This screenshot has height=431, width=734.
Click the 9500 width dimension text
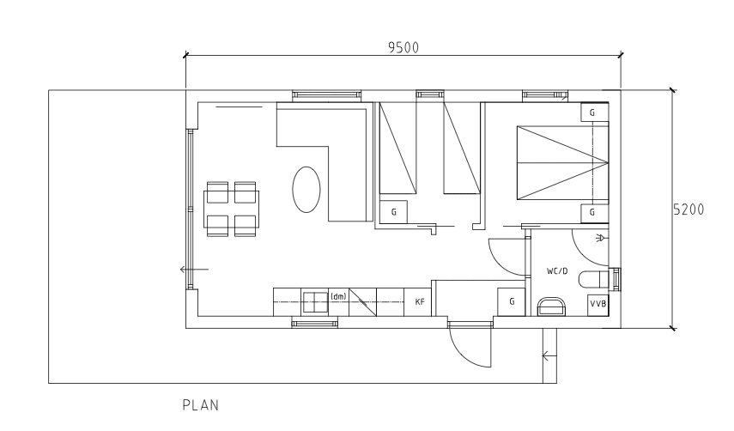pyautogui.click(x=403, y=47)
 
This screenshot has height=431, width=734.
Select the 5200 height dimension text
pyautogui.click(x=689, y=208)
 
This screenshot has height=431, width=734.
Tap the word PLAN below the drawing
pyautogui.click(x=200, y=404)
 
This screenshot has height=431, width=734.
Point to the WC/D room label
pyautogui.click(x=558, y=271)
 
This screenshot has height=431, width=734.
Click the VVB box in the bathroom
pyautogui.click(x=598, y=305)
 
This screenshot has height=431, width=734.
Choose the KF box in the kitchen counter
pyautogui.click(x=419, y=302)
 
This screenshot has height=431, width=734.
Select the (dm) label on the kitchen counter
pyautogui.click(x=338, y=296)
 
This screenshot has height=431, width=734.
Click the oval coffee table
pyautogui.click(x=307, y=189)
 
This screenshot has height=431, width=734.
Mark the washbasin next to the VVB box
pyautogui.click(x=550, y=307)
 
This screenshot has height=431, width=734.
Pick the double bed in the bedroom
pyautogui.click(x=560, y=161)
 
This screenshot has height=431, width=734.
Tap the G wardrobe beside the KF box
pyautogui.click(x=512, y=302)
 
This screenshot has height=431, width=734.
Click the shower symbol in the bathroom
pyautogui.click(x=599, y=236)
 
